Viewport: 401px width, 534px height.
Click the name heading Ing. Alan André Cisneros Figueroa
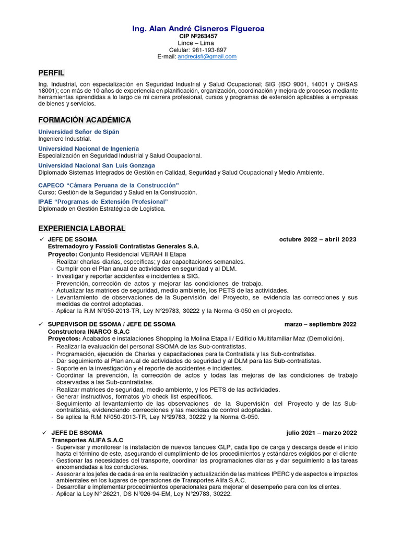[x=198, y=29]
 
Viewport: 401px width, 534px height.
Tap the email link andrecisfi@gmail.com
[x=207, y=56]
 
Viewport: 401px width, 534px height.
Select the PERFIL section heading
[x=52, y=72]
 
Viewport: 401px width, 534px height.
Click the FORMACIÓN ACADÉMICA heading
[x=85, y=120]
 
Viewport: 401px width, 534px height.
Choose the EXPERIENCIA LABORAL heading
[x=82, y=228]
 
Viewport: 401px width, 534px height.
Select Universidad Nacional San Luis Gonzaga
[x=97, y=165]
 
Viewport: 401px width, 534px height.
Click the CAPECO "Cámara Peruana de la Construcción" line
[x=109, y=185]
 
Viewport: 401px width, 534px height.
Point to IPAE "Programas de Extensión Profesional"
[x=103, y=201]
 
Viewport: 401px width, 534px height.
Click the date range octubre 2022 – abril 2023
[x=317, y=239]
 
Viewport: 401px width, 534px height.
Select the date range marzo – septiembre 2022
[x=321, y=324]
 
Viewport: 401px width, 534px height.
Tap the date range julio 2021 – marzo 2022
[x=322, y=433]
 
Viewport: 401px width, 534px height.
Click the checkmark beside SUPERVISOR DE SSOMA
[x=41, y=324]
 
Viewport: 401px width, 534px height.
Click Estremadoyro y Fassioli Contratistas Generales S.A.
[x=124, y=247]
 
